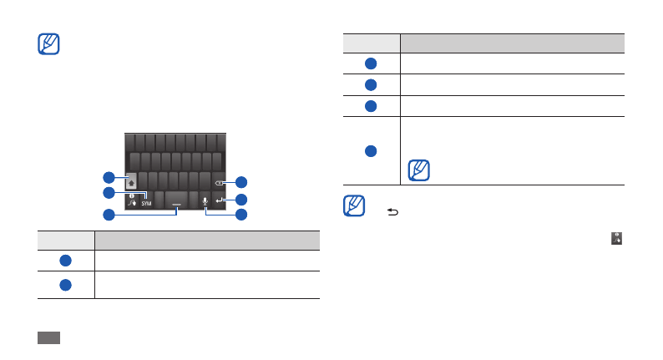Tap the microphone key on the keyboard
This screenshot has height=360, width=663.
(x=205, y=200)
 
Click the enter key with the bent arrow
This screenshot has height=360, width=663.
(x=219, y=200)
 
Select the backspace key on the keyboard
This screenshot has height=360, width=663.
(x=219, y=180)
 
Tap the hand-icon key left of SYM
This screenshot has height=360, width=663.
(x=132, y=201)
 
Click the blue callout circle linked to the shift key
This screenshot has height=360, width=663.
(x=109, y=177)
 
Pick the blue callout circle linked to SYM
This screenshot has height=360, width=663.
(x=109, y=193)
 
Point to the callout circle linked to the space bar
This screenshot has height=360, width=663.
(x=109, y=215)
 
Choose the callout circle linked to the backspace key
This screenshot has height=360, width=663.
(x=241, y=181)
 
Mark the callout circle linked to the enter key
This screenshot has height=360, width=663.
(x=241, y=200)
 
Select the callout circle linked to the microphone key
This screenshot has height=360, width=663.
(x=241, y=215)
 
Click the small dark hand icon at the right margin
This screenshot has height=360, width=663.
(x=616, y=238)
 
